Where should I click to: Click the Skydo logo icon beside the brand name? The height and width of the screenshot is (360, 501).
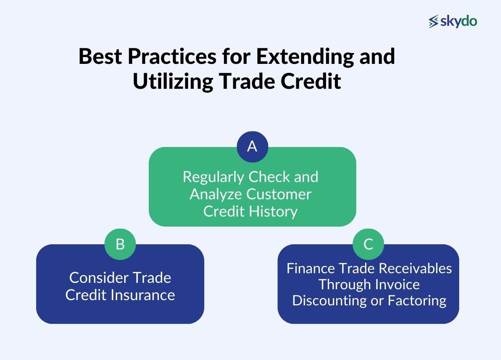coord(433,22)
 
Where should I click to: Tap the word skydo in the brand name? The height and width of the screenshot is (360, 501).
coord(458,21)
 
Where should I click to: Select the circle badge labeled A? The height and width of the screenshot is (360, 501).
coord(252,147)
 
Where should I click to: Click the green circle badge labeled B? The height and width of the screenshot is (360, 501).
coord(120,244)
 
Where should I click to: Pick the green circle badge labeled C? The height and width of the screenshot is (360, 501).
coord(368,244)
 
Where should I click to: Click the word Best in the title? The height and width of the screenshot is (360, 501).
coord(100,56)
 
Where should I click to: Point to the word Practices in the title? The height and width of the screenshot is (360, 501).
coord(172,56)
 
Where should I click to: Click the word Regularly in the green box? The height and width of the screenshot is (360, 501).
coord(214,177)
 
